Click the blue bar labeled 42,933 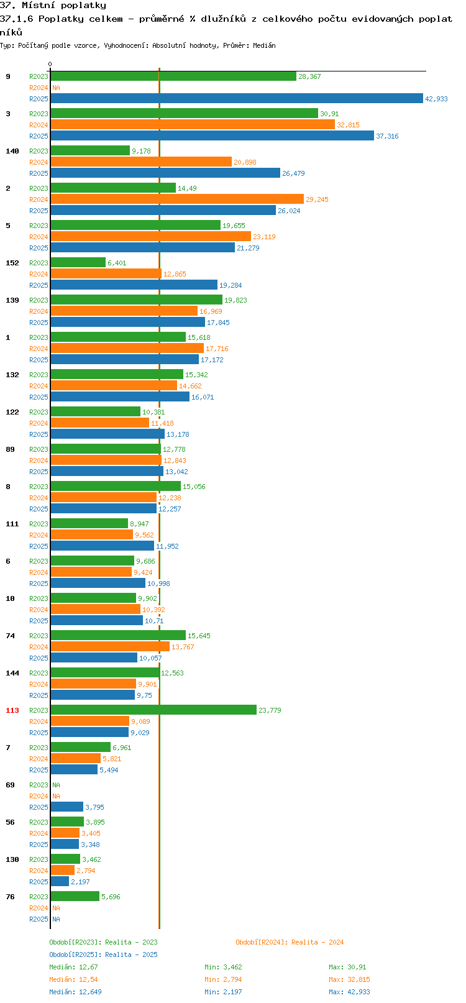tap(237, 99)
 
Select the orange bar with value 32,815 tap(193, 125)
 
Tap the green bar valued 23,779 tap(153, 710)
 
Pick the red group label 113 tap(12, 710)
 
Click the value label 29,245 tap(317, 199)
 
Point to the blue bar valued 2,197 tap(60, 882)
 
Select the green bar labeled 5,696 tap(75, 897)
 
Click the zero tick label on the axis tap(50, 64)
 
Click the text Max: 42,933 tap(350, 992)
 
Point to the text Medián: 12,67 tap(73, 967)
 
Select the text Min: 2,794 tap(223, 979)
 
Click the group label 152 tap(12, 263)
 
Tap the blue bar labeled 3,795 tap(66, 807)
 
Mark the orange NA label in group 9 tap(56, 88)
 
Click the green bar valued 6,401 tap(78, 262)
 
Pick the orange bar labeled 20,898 tap(141, 162)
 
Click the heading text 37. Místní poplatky tap(53, 6)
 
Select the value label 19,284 tap(231, 285)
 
